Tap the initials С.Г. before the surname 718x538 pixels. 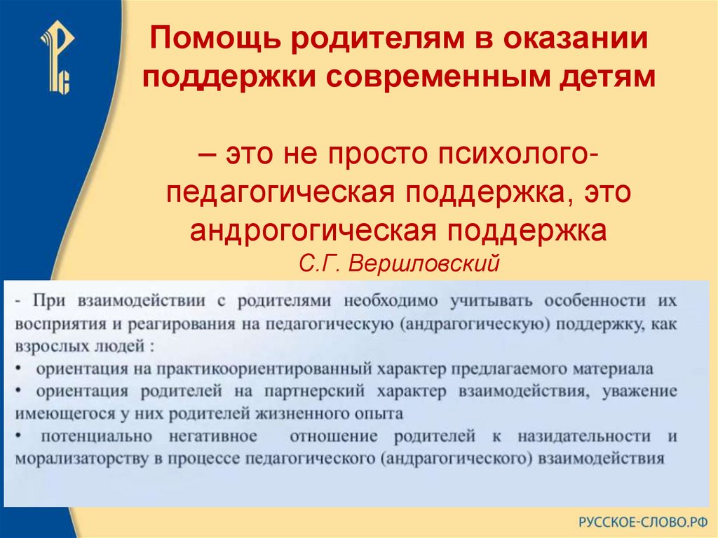click(x=320, y=263)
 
